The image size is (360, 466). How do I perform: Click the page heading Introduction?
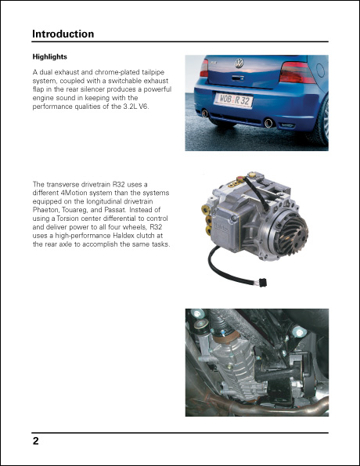pyautogui.click(x=63, y=34)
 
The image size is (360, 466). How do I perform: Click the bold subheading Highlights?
pyautogui.click(x=49, y=57)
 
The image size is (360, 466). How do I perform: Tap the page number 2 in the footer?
pyautogui.click(x=36, y=441)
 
